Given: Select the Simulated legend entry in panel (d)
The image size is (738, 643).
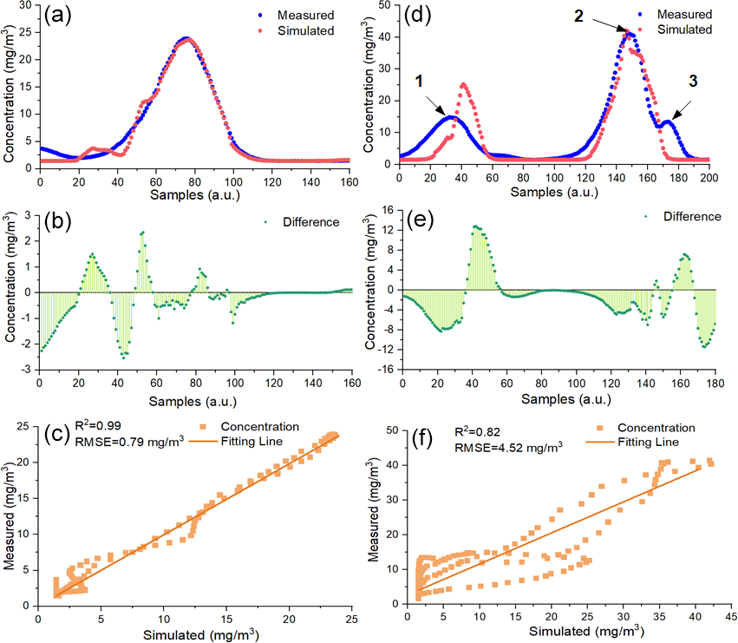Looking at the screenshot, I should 682,30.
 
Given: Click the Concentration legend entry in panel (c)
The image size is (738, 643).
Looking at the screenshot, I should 259,427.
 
